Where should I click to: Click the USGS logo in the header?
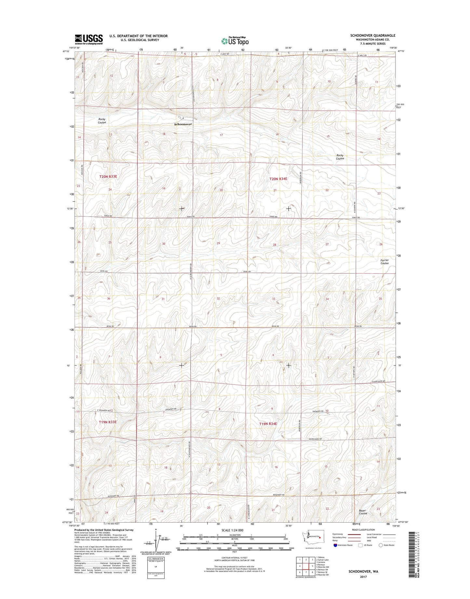[88, 39]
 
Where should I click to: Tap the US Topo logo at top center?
[235, 41]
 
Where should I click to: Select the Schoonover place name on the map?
[183, 124]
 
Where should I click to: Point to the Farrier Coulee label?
[384, 261]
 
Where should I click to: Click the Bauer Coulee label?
[363, 512]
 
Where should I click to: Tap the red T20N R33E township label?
[108, 176]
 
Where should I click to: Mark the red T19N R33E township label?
[107, 422]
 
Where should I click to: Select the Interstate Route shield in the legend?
[335, 545]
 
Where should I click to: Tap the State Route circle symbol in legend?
[381, 545]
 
